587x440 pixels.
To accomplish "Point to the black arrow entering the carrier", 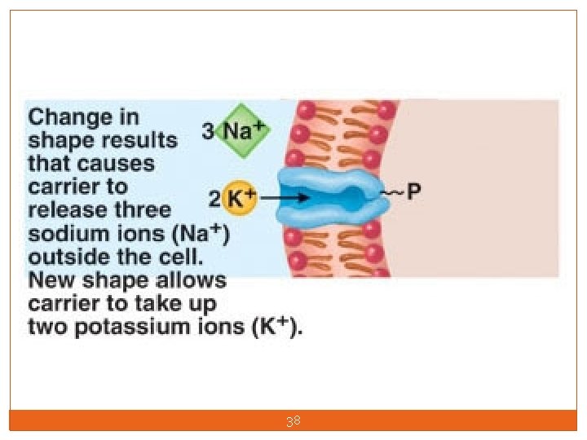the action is point(285,197).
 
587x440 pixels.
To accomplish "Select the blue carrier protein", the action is point(330,195).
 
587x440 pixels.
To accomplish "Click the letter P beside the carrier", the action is point(414,193).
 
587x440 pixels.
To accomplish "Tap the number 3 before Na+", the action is point(208,131).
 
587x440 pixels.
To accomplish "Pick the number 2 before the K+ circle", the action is point(214,198).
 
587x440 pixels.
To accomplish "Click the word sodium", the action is point(67,234).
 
